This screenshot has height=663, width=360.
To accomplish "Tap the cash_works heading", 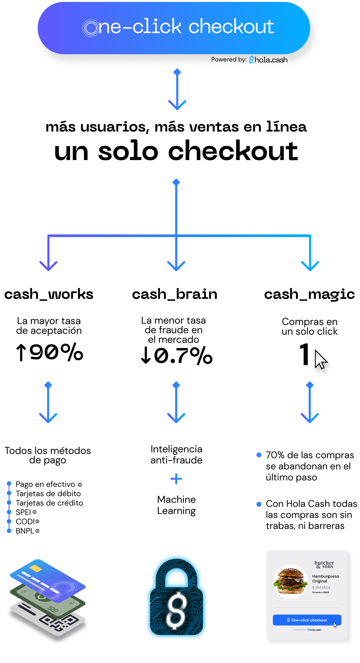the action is (49, 294).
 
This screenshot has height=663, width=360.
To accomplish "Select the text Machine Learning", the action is (177, 505).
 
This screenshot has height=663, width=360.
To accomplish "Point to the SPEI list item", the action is (26, 512).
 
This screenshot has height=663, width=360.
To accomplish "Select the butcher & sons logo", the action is (324, 564).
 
